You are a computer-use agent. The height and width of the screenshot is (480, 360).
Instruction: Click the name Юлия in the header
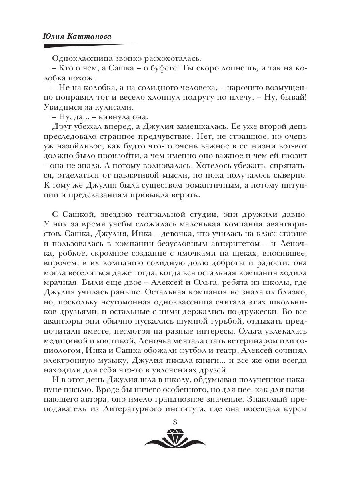tap(54, 36)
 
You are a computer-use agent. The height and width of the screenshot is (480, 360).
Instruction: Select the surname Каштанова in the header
tap(88, 36)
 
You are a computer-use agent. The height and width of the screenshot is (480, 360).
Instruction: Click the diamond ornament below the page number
tap(175, 437)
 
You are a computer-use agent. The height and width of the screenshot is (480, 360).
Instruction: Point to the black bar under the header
tap(88, 45)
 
